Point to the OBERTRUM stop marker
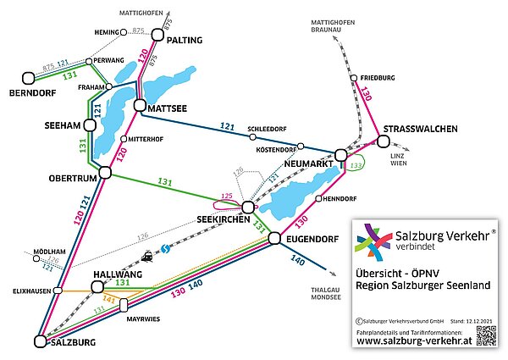[x=106, y=173]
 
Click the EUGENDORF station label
[x=311, y=240]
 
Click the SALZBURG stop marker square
[x=40, y=341]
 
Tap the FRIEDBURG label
[x=365, y=77]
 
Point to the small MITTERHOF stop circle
[x=124, y=140]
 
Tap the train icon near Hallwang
[x=148, y=254]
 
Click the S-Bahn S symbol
[x=166, y=247]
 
